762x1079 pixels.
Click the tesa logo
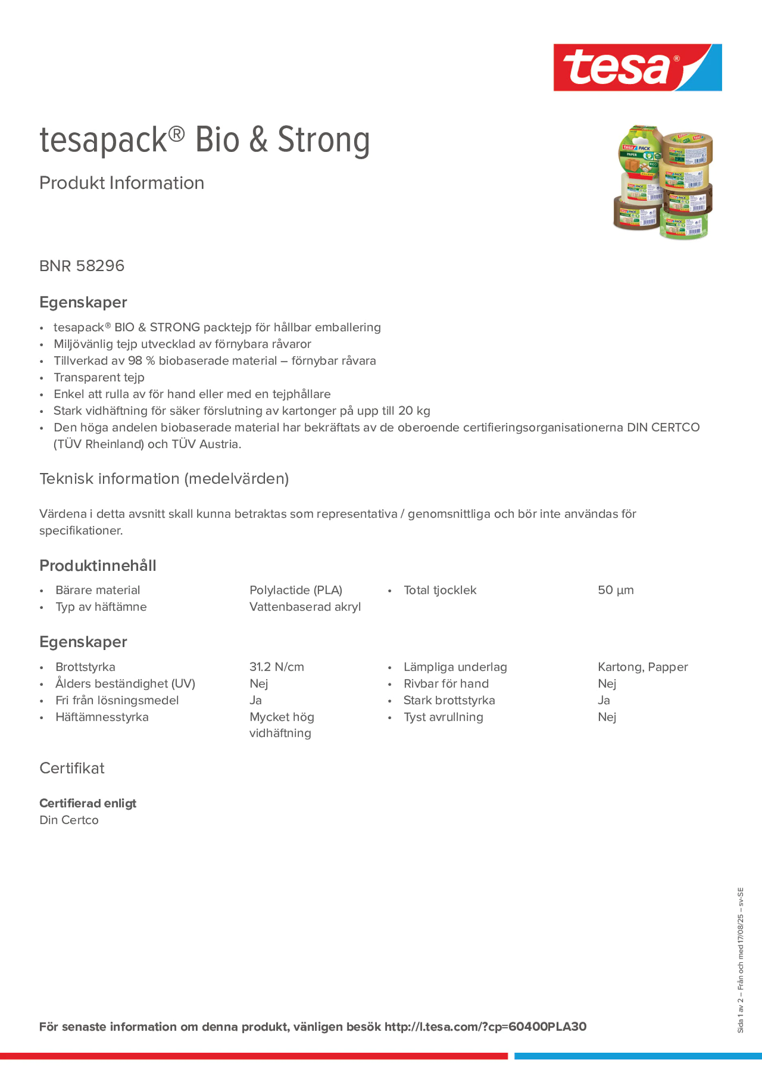coord(637,67)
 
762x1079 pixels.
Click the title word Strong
coord(324,140)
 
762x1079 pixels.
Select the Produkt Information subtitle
coord(122,183)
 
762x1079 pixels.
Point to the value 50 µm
coord(615,590)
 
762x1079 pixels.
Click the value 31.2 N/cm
coord(277,667)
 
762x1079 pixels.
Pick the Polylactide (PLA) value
coord(296,590)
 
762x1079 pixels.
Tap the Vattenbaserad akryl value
coord(305,607)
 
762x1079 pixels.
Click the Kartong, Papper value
coord(642,667)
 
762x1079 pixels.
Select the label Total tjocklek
coord(440,590)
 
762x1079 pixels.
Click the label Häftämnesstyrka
coord(102,717)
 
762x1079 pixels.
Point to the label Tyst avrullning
coord(443,717)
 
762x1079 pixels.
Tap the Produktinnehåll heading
coord(98,565)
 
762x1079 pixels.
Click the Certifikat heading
coord(72,768)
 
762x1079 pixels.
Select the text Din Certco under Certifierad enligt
coord(69,820)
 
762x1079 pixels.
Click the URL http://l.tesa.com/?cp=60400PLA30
coord(485,1027)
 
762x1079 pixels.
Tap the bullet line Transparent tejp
coord(99,377)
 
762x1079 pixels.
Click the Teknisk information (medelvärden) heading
coord(164,479)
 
